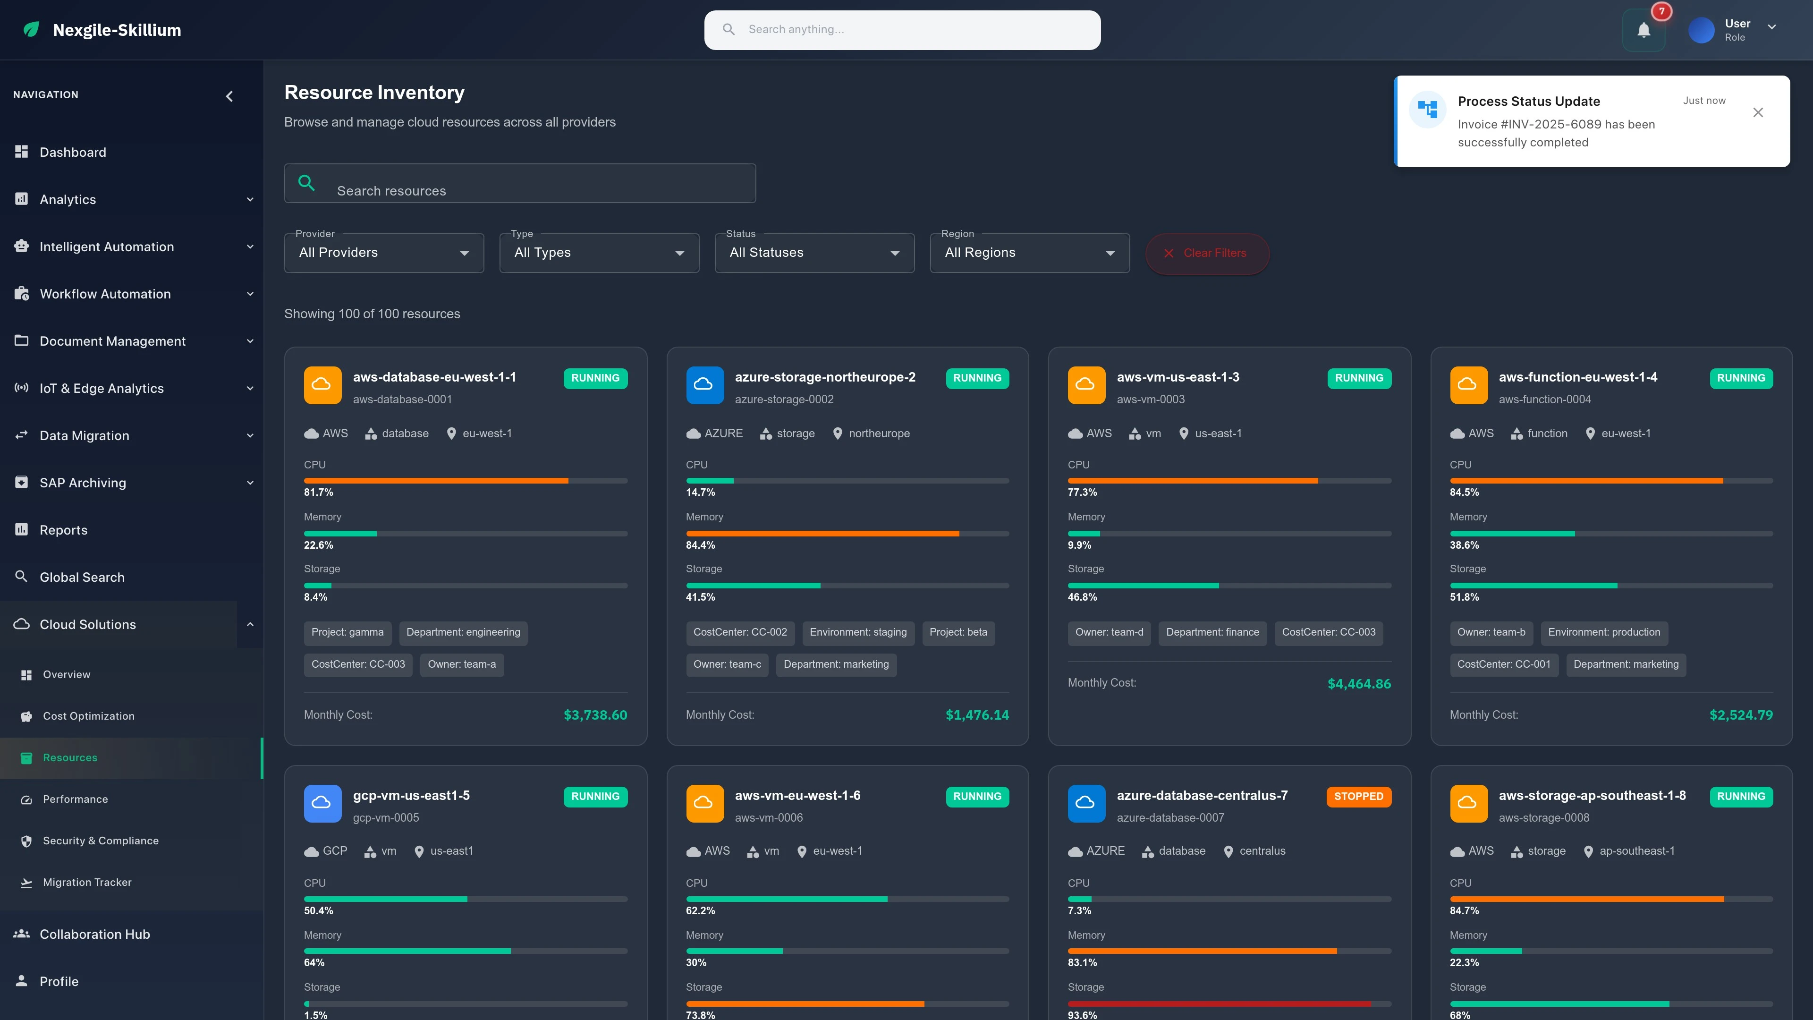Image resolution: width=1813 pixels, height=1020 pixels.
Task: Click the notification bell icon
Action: click(x=1644, y=30)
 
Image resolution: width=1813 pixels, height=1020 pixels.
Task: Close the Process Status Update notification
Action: click(x=1757, y=113)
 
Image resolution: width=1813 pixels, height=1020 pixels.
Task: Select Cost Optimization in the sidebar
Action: click(x=88, y=716)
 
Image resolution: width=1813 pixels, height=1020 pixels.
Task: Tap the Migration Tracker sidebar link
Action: click(x=86, y=882)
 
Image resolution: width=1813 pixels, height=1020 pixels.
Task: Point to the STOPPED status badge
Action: click(x=1358, y=796)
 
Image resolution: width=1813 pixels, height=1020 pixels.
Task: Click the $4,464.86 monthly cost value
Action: click(x=1358, y=683)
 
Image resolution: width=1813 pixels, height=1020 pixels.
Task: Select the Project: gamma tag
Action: click(x=347, y=632)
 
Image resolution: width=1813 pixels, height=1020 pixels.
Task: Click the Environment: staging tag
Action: click(x=857, y=632)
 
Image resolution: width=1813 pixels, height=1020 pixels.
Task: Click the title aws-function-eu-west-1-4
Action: click(x=1577, y=377)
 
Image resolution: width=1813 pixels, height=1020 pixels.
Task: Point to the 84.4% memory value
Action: click(x=700, y=545)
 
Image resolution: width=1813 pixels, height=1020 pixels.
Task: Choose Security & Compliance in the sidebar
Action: click(x=100, y=841)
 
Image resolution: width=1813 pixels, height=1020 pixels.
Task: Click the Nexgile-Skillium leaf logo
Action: click(x=31, y=30)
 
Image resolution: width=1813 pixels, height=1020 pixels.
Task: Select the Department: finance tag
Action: click(x=1212, y=632)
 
